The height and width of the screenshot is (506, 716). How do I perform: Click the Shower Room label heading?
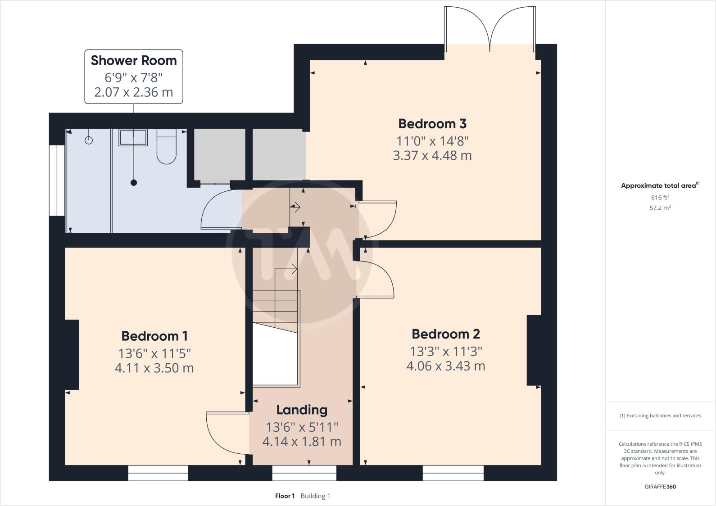(134, 60)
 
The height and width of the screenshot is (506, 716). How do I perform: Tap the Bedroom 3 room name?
(432, 123)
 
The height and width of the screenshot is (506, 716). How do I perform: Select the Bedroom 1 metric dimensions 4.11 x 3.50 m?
(154, 368)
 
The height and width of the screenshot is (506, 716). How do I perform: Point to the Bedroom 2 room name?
(445, 334)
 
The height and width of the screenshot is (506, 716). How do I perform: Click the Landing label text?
(302, 410)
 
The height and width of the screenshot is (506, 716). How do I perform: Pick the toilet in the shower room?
(166, 146)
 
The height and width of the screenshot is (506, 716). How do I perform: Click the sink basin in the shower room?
(133, 137)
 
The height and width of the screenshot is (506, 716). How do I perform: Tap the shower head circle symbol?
(89, 140)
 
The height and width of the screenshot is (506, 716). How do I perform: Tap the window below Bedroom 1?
(158, 473)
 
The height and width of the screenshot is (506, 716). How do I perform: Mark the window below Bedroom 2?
(453, 473)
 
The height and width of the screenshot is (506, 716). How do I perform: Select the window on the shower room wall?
(57, 180)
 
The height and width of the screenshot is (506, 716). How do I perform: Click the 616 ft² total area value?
(660, 198)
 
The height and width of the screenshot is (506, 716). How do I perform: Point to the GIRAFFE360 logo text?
(660, 487)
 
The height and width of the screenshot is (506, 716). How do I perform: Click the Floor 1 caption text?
(285, 496)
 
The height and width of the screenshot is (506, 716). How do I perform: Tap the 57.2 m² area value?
(660, 208)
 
